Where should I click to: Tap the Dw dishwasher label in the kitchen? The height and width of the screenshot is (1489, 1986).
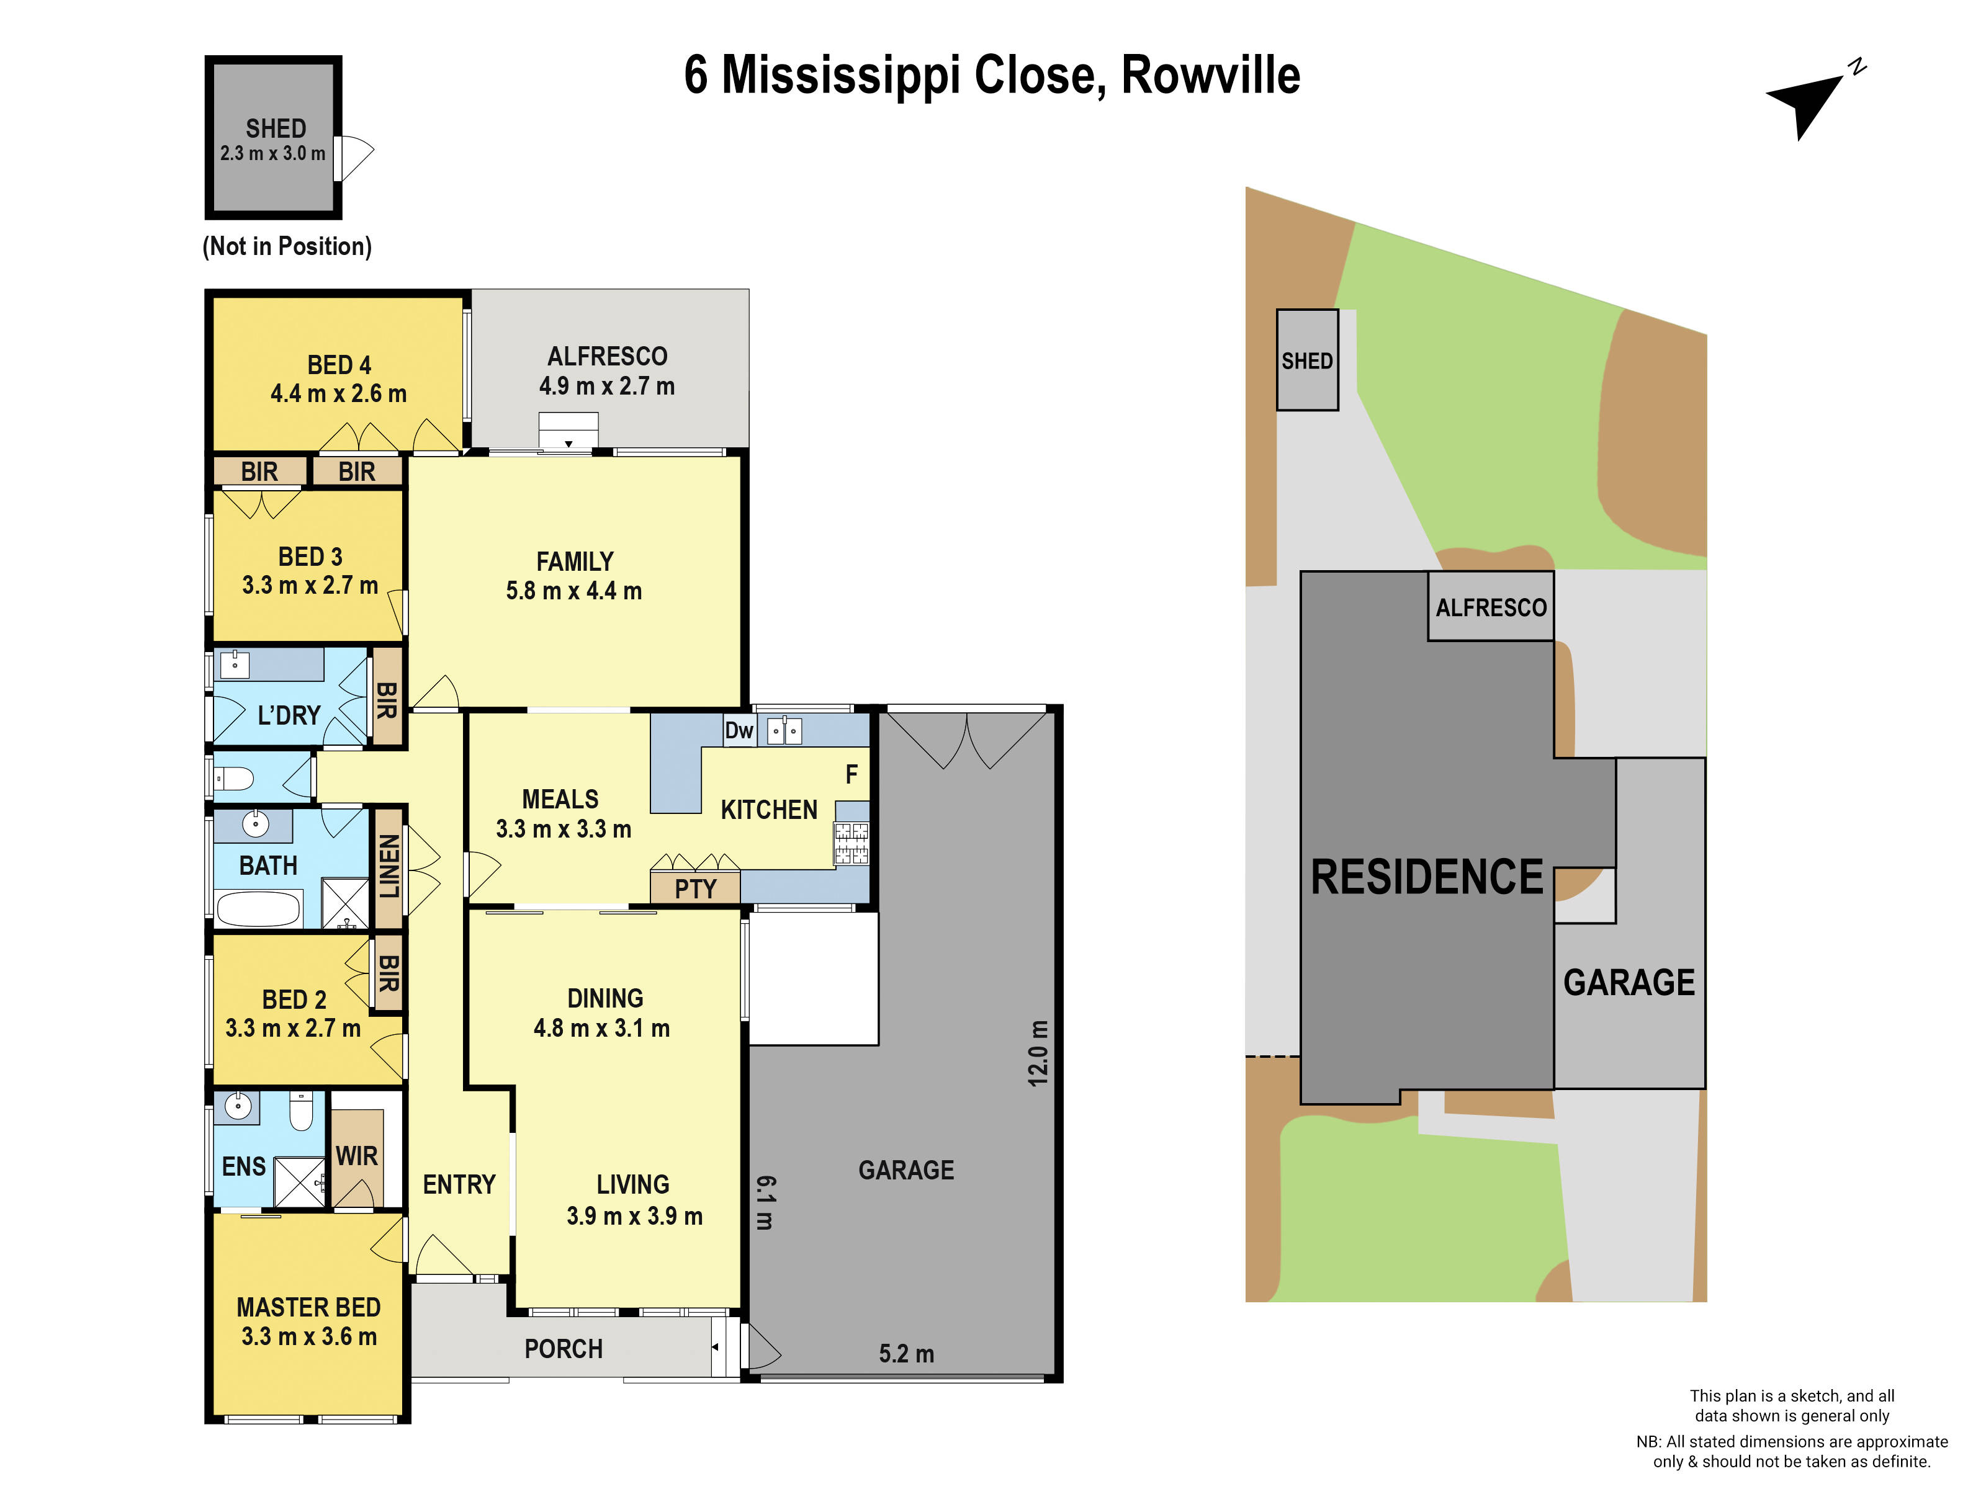(x=739, y=731)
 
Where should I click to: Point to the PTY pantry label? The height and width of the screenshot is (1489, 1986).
(x=695, y=890)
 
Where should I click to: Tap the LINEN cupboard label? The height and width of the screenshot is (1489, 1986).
(x=388, y=866)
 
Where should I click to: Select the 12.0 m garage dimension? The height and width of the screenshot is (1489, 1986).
(x=1038, y=1053)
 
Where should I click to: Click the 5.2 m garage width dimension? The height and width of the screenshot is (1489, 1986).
(x=906, y=1354)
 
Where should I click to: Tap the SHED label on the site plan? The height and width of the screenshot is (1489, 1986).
(x=1306, y=361)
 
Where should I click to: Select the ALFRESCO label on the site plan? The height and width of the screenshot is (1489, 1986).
(x=1490, y=607)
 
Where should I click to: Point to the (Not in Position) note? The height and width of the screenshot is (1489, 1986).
(x=286, y=246)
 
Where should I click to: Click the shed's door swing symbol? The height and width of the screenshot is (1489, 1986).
(x=354, y=159)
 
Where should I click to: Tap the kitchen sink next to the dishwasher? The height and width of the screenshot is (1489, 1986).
(x=784, y=731)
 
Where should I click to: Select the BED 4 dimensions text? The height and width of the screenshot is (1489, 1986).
(x=338, y=393)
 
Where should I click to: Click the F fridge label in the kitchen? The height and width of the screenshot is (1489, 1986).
(x=851, y=774)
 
